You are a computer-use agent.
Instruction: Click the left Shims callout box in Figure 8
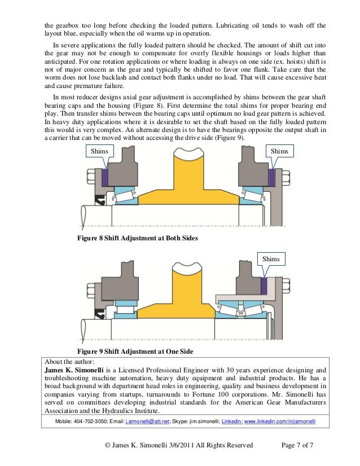click(99, 151)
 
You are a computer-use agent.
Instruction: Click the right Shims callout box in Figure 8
click(280, 151)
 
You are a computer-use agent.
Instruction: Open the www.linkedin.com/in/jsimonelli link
click(279, 421)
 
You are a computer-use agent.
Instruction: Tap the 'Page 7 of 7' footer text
click(297, 446)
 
